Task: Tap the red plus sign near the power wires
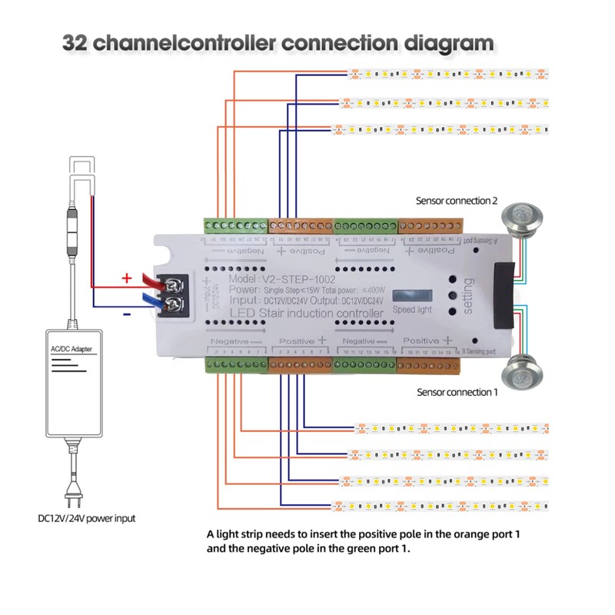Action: [127, 278]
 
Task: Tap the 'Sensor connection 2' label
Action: [457, 201]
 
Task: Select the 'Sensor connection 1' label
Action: [457, 392]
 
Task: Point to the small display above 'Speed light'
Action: [412, 296]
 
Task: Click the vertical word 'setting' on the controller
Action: [469, 293]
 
